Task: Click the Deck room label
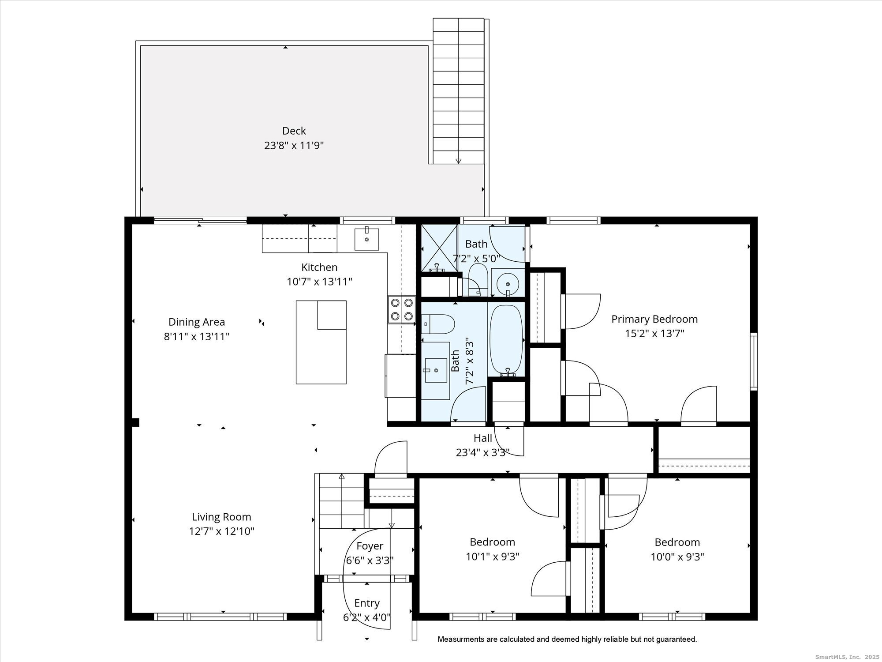294,131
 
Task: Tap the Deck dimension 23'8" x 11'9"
294,146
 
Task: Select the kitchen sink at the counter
366,239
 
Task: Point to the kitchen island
321,342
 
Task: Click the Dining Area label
197,322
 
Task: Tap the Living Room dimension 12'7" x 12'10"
221,531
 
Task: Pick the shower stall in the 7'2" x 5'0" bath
439,248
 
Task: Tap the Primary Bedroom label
654,319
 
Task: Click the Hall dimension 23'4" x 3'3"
482,452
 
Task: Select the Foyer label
370,546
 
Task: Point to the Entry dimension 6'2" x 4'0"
367,617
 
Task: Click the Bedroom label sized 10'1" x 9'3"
492,542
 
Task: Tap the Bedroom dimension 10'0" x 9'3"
677,557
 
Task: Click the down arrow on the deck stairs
459,161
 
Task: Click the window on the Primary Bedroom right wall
754,361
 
